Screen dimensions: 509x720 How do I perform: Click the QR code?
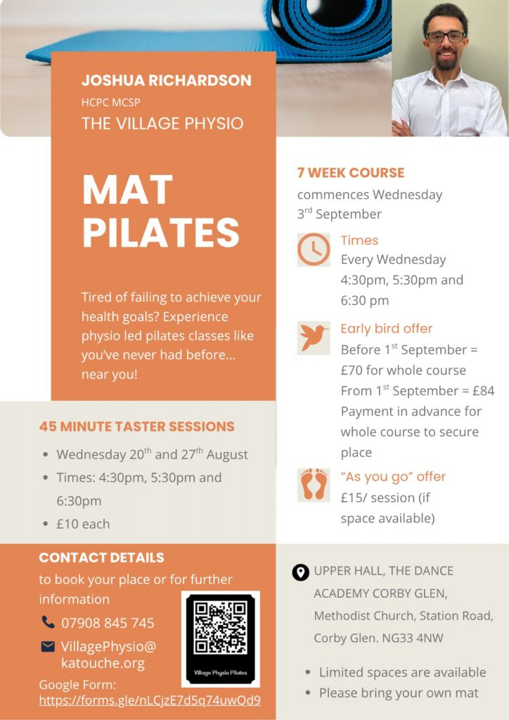pos(220,627)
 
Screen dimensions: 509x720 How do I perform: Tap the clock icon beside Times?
pos(314,250)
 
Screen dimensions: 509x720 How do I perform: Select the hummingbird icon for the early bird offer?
pos(314,338)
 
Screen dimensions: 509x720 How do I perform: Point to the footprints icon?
pos(314,485)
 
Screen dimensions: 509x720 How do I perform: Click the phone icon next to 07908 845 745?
pos(48,622)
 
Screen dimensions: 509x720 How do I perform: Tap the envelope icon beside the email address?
pos(48,647)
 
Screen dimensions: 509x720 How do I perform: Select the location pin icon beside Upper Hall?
pos(301,572)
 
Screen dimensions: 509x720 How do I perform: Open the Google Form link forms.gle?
pos(150,700)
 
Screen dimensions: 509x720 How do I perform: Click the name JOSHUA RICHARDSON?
pos(167,80)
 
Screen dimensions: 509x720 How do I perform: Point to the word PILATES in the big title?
pos(161,232)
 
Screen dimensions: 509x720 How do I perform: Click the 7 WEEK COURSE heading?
pos(351,173)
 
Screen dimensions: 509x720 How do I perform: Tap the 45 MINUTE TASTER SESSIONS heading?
pos(137,427)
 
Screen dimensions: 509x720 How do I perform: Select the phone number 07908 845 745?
pos(108,623)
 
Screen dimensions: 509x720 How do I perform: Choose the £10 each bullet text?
pos(83,524)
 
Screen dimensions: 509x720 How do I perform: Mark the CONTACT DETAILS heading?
pos(101,558)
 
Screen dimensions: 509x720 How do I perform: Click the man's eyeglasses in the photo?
pos(446,37)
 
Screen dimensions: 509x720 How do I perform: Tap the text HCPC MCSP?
pos(110,103)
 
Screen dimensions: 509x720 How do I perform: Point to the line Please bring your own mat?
pos(399,693)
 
